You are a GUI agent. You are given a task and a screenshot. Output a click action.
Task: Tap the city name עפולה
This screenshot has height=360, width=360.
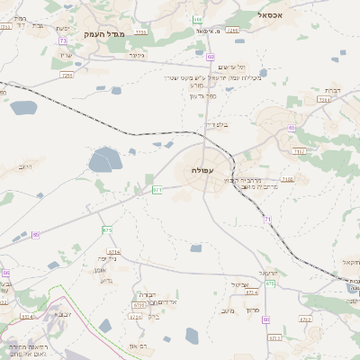[203, 170]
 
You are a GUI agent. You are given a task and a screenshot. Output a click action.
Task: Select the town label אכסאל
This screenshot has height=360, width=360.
[269, 15]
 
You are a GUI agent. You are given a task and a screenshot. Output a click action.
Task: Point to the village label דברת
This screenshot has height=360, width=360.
[330, 90]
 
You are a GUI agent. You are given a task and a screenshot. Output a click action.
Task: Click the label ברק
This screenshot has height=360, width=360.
[153, 315]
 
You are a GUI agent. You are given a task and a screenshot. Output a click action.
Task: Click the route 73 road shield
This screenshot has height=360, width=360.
[62, 40]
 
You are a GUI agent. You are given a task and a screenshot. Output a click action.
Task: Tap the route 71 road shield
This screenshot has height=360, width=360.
[267, 219]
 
